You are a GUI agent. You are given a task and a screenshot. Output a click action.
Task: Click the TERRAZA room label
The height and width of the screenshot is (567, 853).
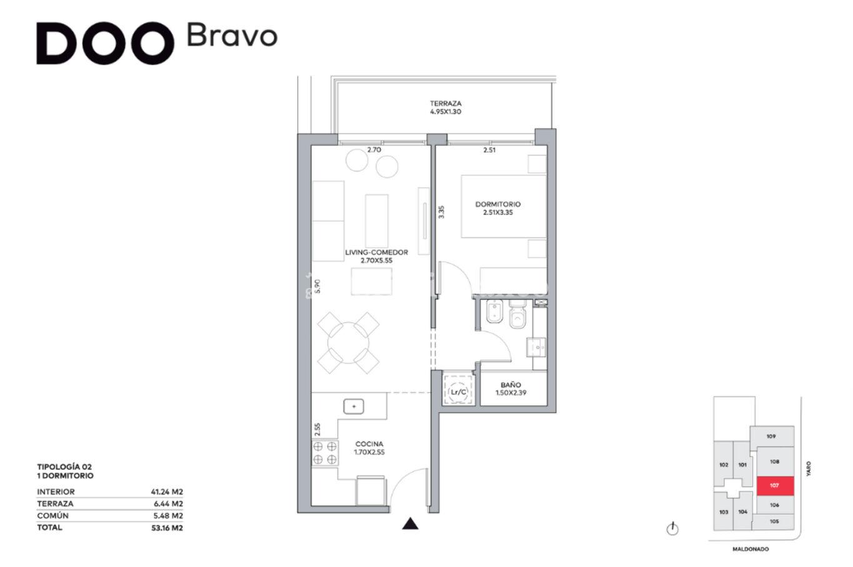pos(446,103)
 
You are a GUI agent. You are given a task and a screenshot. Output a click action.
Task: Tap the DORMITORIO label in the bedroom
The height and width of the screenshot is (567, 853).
pos(497,204)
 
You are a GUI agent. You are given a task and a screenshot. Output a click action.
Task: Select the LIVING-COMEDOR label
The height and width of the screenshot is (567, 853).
pos(376,252)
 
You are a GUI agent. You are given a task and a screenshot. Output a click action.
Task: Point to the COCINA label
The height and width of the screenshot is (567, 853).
pos(369,444)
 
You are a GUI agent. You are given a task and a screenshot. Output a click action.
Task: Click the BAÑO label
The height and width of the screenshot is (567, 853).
pos(511,385)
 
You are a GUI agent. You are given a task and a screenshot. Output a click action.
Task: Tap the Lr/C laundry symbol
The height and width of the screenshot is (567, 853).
pos(459,392)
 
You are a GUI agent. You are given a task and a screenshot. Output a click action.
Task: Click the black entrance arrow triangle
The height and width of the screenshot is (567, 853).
pos(410,524)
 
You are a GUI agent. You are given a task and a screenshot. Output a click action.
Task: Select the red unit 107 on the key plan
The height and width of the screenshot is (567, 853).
pos(775,486)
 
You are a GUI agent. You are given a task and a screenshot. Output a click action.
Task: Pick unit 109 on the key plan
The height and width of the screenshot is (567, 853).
pos(772,436)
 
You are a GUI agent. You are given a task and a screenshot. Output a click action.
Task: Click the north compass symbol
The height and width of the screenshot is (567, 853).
pos(672,529)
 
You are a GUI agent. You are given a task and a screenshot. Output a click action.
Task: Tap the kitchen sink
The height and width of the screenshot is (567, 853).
pos(354,407)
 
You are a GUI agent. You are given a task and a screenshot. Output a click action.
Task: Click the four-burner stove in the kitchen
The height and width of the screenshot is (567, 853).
pos(325,453)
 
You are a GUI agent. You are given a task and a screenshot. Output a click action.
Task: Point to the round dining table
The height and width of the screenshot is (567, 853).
pos(349,343)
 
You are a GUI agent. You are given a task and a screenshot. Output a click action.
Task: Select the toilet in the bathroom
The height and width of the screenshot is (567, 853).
pos(517,314)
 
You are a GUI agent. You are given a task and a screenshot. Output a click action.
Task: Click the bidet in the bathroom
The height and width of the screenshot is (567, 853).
pos(495,311)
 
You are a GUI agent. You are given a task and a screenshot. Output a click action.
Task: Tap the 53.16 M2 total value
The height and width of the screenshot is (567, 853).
pos(167,528)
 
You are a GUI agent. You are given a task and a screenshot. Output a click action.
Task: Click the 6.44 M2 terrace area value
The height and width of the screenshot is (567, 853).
pos(168,504)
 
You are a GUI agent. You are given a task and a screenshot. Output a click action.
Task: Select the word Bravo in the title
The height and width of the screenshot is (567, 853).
pos(232,36)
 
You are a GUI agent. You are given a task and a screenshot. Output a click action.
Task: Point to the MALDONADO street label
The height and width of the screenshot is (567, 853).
pos(751,550)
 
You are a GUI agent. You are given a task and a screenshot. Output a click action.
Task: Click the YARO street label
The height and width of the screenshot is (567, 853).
pos(809,469)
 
